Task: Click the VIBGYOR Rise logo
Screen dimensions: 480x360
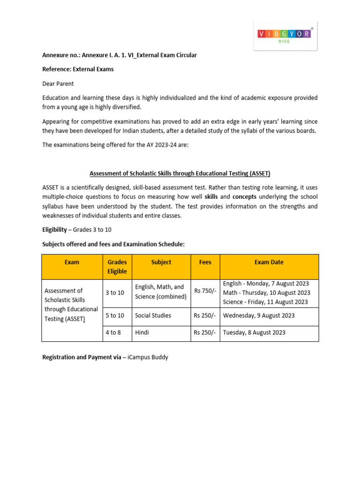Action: [x=285, y=36]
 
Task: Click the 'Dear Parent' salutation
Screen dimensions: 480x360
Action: [x=58, y=83]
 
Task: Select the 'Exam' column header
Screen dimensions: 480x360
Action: [x=72, y=262]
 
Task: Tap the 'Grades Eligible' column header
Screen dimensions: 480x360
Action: [x=117, y=267]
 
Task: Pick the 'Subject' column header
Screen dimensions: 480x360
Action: [x=161, y=262]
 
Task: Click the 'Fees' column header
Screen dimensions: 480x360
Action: [x=205, y=262]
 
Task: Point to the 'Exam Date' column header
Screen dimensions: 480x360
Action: [x=269, y=262]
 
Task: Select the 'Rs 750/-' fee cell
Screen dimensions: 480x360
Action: [x=205, y=291]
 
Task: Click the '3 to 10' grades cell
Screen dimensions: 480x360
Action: [x=115, y=293]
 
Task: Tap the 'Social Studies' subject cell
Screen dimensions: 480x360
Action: [x=153, y=315]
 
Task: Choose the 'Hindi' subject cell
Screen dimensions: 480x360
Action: [x=142, y=332]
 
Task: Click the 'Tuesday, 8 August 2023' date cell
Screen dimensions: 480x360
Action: [x=254, y=332]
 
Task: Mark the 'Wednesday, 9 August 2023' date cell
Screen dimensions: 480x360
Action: [x=259, y=315]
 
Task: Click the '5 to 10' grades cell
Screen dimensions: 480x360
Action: [x=115, y=315]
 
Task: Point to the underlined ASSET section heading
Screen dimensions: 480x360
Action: [x=180, y=173]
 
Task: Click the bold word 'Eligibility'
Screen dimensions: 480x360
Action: [x=54, y=230]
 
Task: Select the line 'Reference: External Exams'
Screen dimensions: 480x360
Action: [x=78, y=69]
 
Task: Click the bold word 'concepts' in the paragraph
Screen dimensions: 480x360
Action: [x=244, y=197]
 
